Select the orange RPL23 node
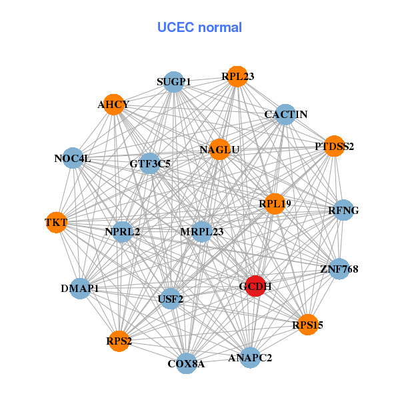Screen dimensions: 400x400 237,77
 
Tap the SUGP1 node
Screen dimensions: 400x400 174,82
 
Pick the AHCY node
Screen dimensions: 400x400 113,105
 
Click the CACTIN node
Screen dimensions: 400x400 285,115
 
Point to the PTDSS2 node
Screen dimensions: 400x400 333,146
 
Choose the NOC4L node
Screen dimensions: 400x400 73,159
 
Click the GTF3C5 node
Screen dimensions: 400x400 149,163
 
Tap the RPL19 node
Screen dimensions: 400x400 275,203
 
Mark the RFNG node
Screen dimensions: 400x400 343,211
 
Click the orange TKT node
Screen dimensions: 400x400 56,222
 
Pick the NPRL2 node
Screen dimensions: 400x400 123,232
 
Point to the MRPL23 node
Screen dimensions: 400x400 202,232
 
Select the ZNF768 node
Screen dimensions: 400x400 339,269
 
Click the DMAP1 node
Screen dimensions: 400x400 80,289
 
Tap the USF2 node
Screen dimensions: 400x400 171,299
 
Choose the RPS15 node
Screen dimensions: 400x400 307,325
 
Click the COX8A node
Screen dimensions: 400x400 187,363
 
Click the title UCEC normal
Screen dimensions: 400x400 199,27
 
